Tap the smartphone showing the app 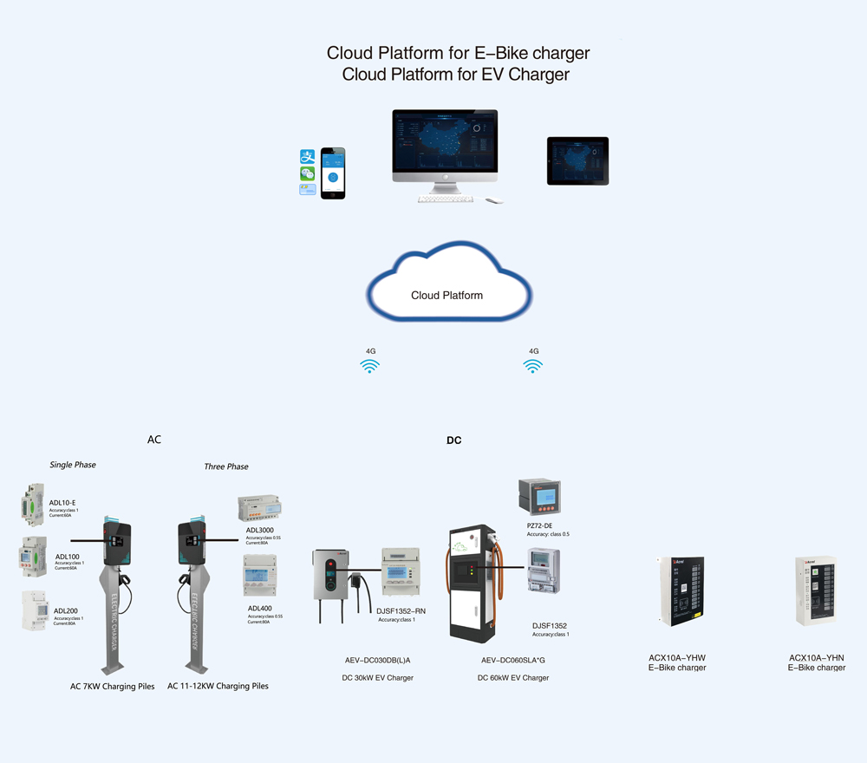(x=333, y=173)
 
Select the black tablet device (x=577, y=160)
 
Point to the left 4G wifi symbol (x=370, y=366)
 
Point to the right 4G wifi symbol (x=533, y=366)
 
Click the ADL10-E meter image (x=32, y=505)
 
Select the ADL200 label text (x=65, y=610)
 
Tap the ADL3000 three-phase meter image (x=259, y=508)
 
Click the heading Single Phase (x=73, y=465)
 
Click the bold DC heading (x=453, y=440)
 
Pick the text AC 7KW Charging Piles (x=113, y=686)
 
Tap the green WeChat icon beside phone (x=307, y=173)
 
